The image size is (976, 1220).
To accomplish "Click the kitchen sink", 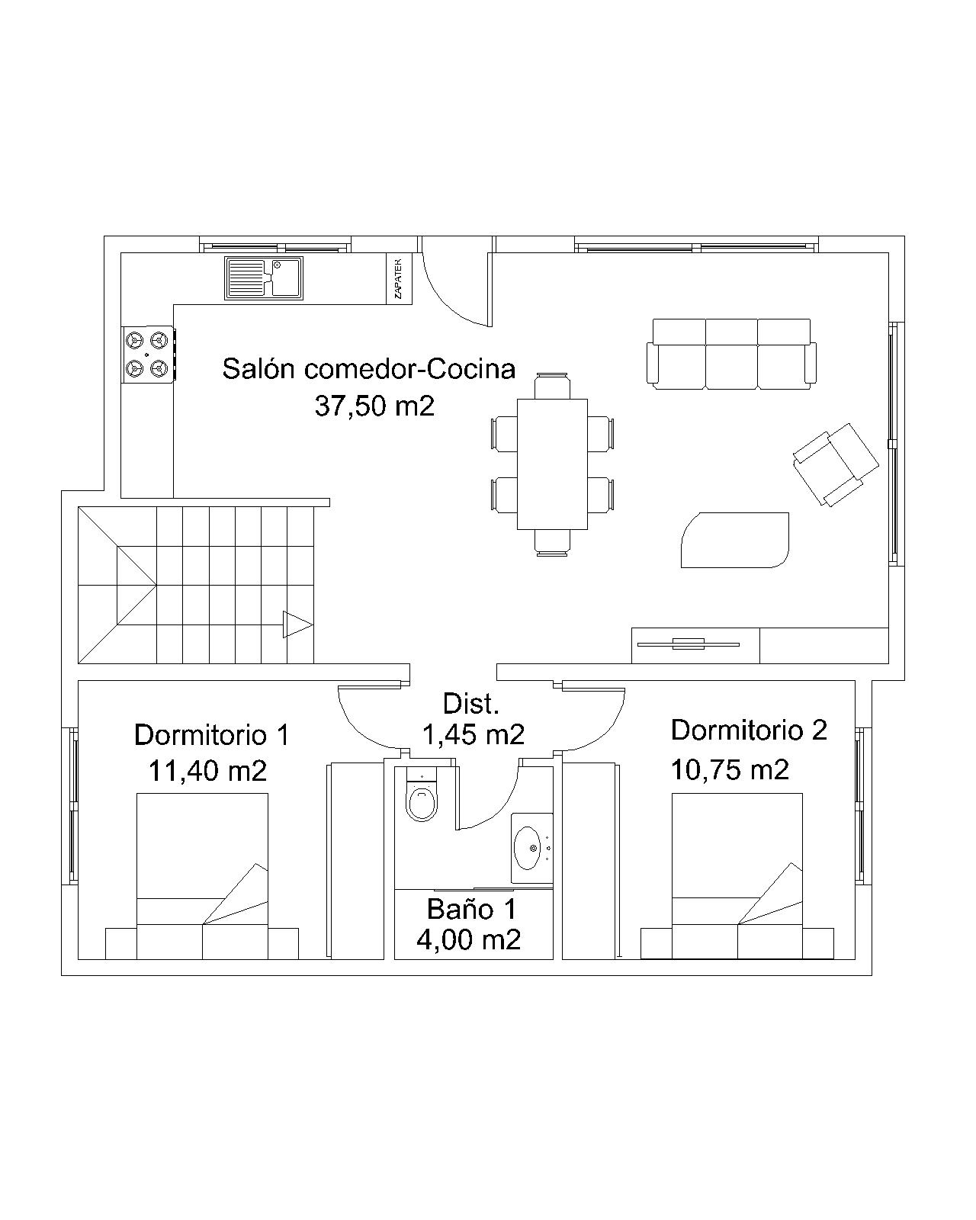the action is pos(264,278).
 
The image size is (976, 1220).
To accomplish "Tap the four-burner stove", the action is pos(147,355).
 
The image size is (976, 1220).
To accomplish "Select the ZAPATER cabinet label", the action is pos(398,278).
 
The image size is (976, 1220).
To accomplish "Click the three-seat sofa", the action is pos(731,354).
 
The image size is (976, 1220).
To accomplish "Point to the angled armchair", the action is pos(836,464).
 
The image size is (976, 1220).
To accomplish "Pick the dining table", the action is pos(552,464).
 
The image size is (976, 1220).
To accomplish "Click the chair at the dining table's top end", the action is pos(552,386).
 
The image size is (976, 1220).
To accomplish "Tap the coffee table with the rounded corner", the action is pos(734,540).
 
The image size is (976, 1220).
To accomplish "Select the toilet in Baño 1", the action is pos(422,794).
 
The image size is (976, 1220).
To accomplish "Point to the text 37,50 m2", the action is pos(374,406).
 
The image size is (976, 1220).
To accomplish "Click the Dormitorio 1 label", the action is pos(211,735).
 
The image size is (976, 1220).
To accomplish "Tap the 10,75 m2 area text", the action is pos(729,770).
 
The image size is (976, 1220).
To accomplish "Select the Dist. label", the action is pos(470,704).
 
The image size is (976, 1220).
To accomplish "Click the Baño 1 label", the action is pos(471,910).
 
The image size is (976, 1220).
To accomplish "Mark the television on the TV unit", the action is pos(688,644).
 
